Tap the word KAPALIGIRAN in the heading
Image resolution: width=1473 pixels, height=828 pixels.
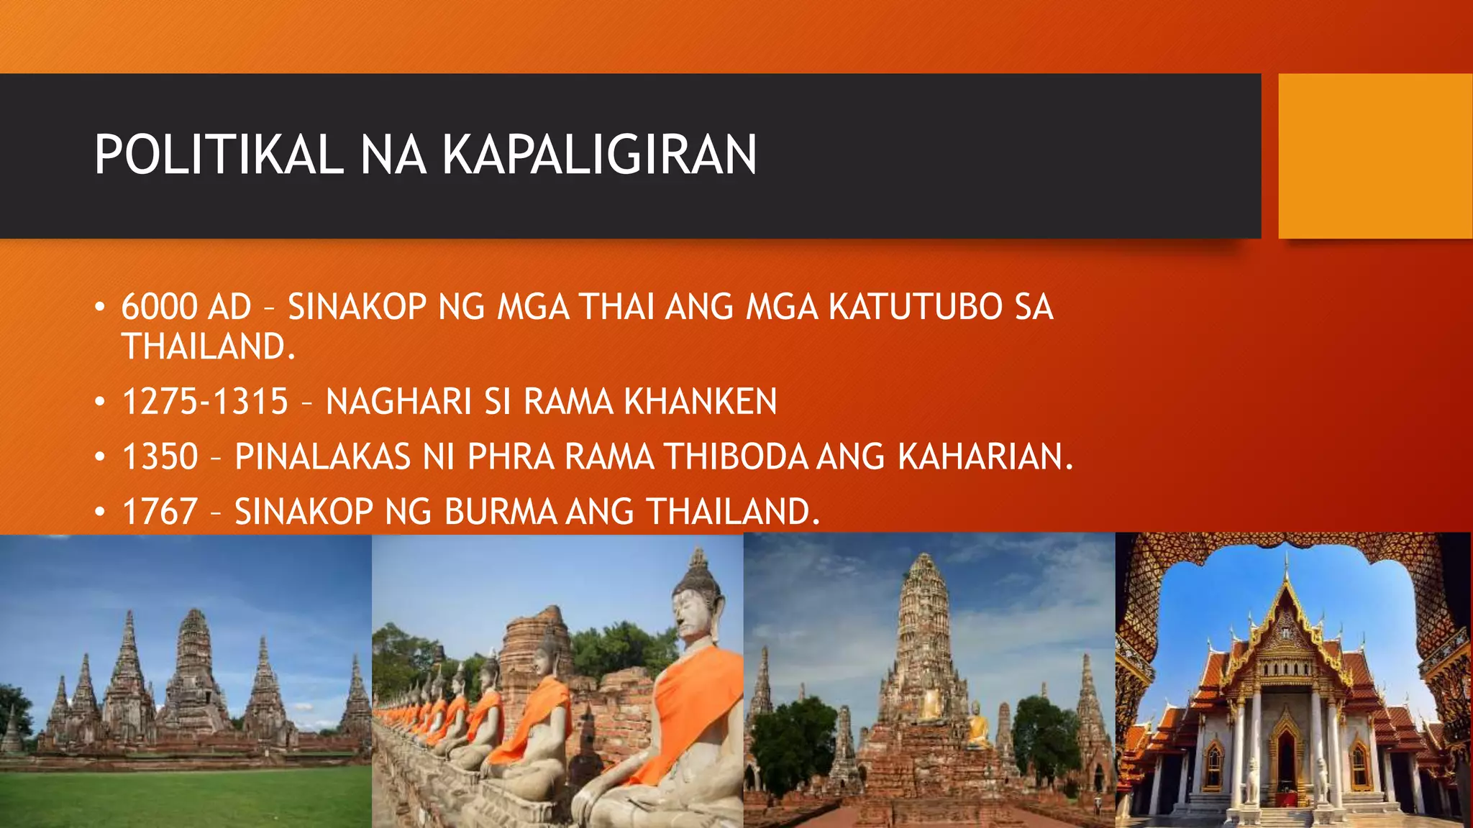click(x=599, y=155)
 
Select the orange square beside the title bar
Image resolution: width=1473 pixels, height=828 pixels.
click(x=1374, y=156)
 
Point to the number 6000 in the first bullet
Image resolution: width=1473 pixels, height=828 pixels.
click(x=159, y=307)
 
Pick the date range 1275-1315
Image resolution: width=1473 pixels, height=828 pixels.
click(x=206, y=401)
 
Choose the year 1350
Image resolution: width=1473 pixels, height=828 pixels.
click(x=160, y=456)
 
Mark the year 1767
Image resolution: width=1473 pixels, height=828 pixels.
click(x=160, y=512)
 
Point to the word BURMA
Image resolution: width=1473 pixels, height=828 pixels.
click(x=501, y=512)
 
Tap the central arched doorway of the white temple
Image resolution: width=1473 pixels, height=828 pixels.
click(x=1283, y=762)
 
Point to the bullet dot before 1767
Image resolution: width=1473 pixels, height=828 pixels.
click(x=101, y=512)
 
